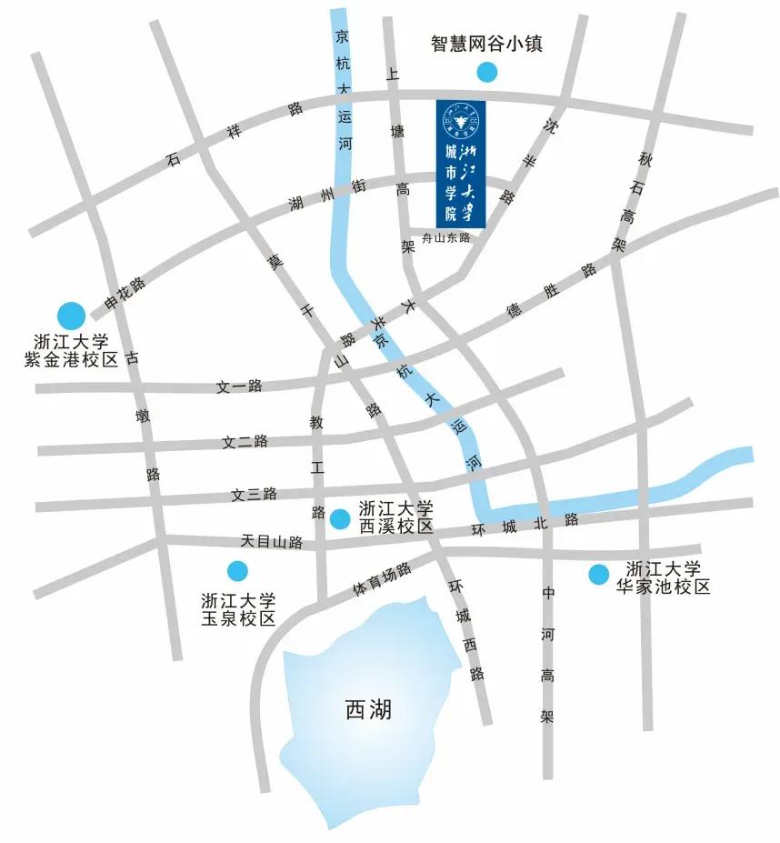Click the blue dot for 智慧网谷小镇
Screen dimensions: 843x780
coord(488,71)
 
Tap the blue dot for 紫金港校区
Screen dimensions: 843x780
coord(71,316)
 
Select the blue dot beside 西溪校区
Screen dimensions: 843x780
coord(340,519)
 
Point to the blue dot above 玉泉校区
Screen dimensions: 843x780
coord(237,570)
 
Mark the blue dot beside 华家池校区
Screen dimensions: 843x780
coord(598,574)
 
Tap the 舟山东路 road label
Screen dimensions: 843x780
coord(441,238)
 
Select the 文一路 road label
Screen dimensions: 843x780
coord(239,386)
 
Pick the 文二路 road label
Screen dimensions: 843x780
coord(245,442)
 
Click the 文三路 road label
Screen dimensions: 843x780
coord(254,495)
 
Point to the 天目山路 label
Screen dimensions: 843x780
coord(272,541)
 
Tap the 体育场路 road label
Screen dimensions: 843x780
coord(382,581)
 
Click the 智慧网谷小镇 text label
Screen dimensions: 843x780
coord(486,43)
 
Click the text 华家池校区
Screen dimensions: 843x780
coord(663,587)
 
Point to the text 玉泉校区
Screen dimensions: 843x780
coord(237,618)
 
